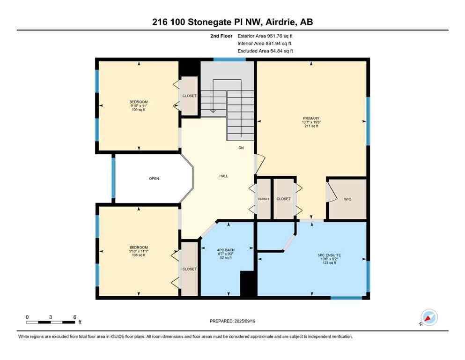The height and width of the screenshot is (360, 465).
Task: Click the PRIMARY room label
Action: tap(311, 119)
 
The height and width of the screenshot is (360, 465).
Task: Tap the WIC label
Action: tap(347, 199)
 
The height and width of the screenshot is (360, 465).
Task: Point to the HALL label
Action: tap(223, 176)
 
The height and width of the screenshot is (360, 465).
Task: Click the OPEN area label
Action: tap(154, 179)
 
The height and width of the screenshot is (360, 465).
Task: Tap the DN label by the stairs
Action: tap(241, 148)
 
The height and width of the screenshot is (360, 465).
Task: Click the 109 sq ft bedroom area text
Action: tap(139, 110)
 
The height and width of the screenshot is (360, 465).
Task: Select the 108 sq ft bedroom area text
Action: tap(139, 256)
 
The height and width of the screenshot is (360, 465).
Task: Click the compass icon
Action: tap(429, 318)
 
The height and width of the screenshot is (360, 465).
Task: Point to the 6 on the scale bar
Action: tap(74, 317)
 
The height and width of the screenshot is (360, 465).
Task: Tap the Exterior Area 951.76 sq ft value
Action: tap(279, 36)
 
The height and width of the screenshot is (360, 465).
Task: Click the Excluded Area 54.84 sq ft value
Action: tap(279, 51)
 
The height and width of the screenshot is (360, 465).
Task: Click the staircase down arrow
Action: tap(213, 111)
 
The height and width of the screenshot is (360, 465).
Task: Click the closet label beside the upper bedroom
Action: tap(190, 96)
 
